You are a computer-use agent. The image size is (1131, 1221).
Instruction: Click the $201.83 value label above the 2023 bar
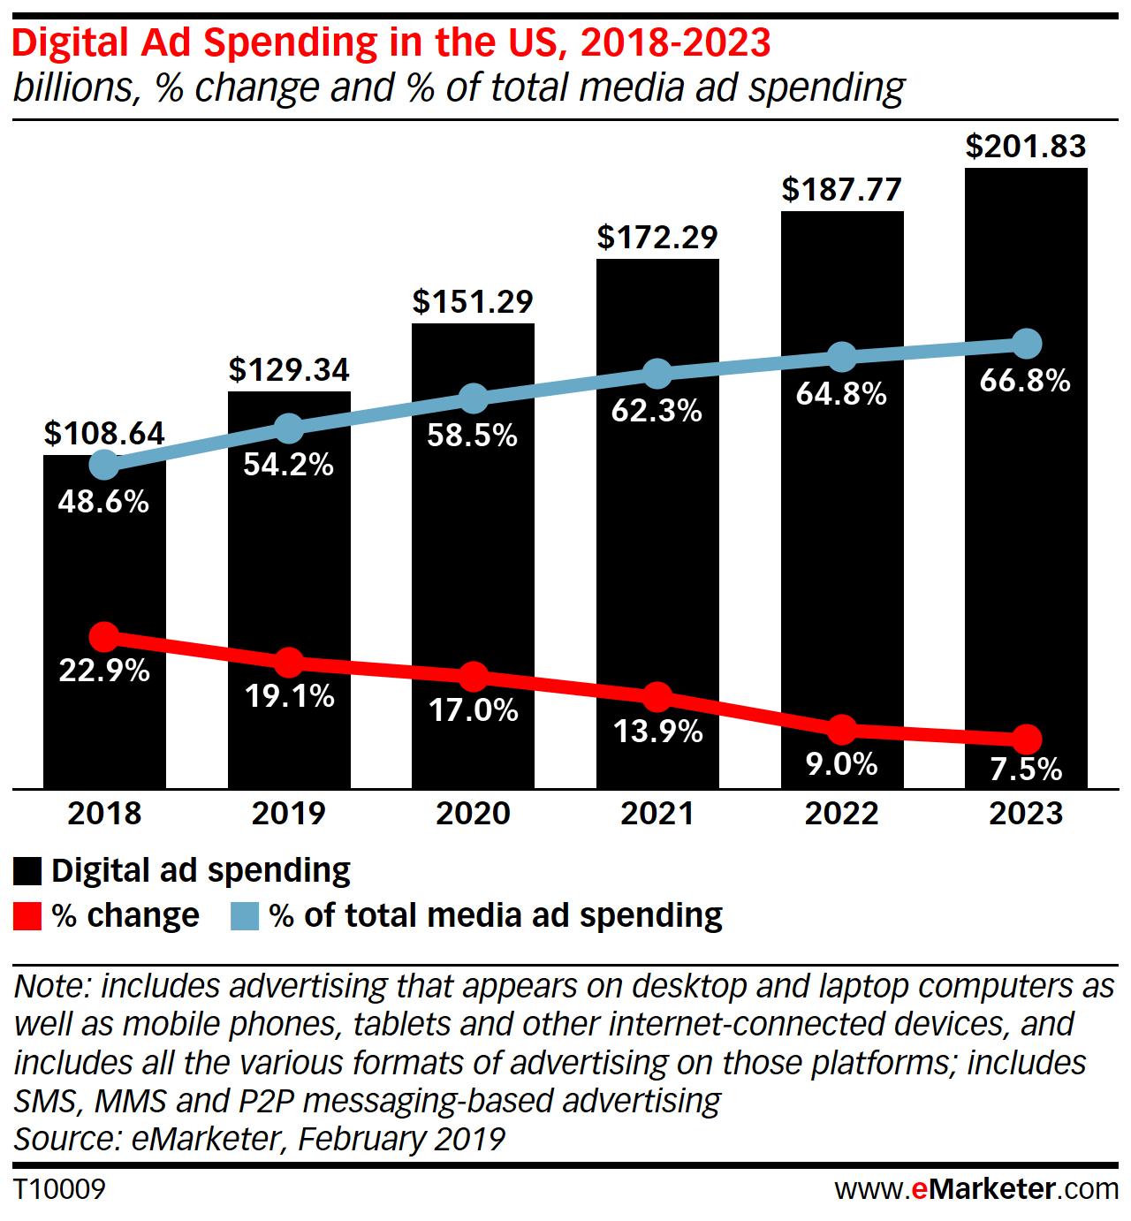coord(1025,147)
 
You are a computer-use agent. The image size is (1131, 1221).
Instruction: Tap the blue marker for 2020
coord(474,398)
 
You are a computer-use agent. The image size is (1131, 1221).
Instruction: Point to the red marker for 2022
coord(842,730)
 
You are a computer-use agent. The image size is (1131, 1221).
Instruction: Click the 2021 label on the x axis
coord(657,813)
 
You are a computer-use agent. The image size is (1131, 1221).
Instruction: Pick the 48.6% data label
coord(103,502)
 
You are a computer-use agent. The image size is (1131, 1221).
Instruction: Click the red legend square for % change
coord(27,916)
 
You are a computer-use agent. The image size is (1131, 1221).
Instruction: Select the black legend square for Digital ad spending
coord(27,871)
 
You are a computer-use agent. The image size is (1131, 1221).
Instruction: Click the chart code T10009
coord(59,1189)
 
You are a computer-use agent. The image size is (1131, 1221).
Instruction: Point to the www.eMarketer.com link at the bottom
coord(977,1189)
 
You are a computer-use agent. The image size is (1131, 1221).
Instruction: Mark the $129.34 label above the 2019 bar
coord(289,370)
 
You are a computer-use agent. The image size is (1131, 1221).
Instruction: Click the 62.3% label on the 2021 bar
coord(657,410)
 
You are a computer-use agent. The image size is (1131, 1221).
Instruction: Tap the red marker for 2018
coord(104,636)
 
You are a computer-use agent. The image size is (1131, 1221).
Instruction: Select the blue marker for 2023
coord(1026,344)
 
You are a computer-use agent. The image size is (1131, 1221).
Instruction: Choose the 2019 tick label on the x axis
coord(289,813)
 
